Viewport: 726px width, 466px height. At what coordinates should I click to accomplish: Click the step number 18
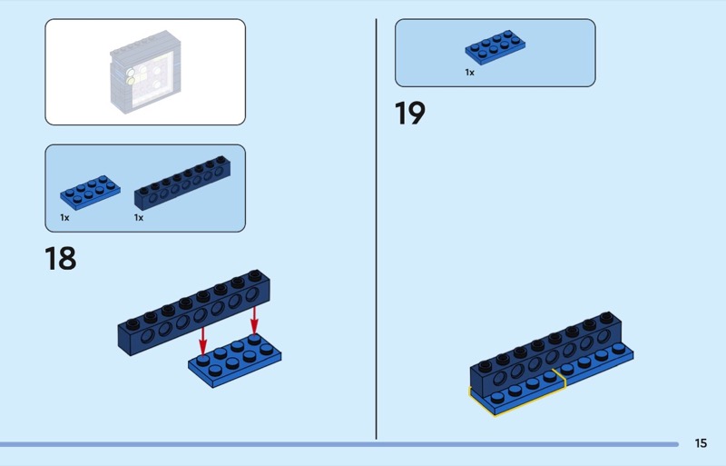[61, 259]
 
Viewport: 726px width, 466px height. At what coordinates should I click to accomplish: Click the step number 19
[410, 114]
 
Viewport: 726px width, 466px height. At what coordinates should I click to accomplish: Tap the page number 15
[701, 443]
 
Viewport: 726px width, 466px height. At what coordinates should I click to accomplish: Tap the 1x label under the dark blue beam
[139, 218]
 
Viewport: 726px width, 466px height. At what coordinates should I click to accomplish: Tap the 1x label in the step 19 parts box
[470, 72]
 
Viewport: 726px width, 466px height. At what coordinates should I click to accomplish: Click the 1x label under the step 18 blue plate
[64, 218]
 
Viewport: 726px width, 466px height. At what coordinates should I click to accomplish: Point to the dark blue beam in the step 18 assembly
[195, 312]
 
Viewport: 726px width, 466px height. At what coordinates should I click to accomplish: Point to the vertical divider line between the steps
[376, 227]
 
